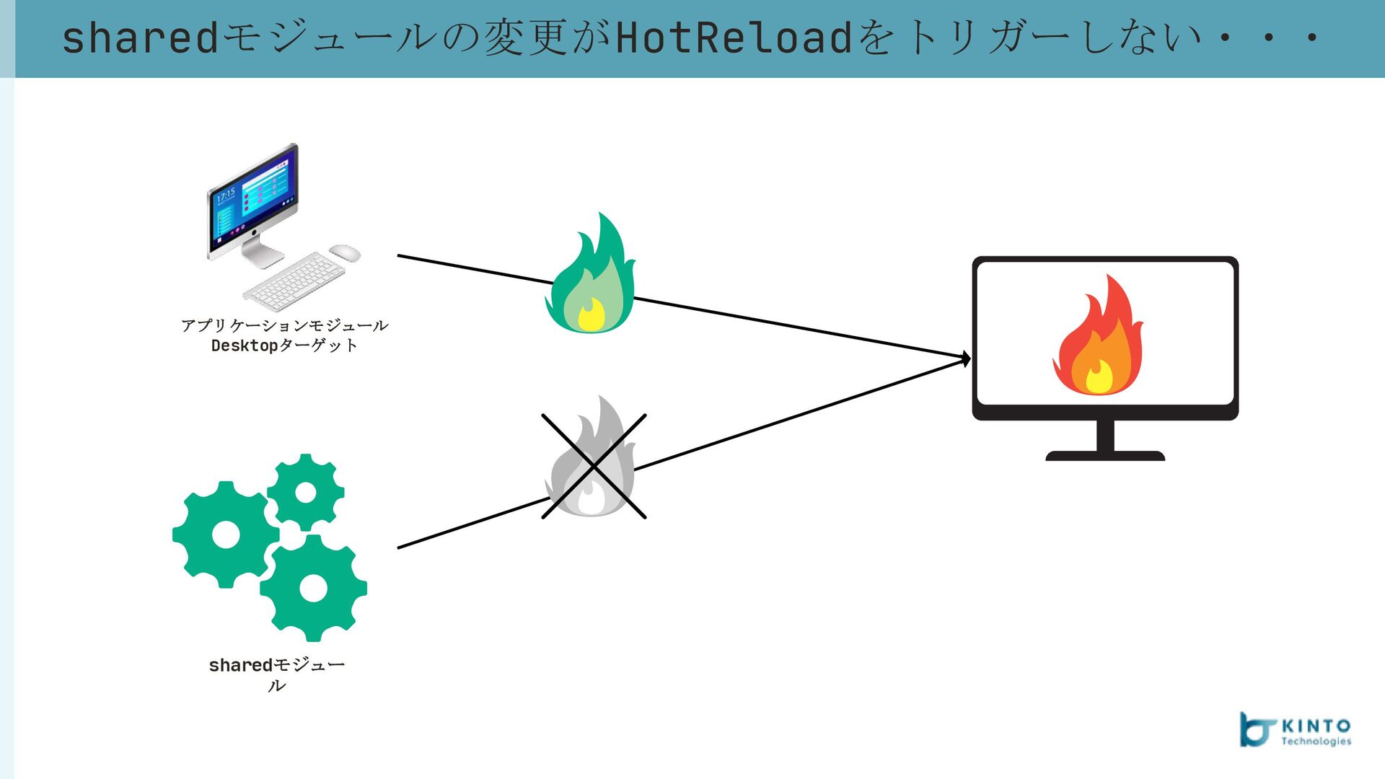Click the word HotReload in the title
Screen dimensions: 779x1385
click(734, 38)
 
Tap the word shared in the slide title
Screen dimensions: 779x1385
click(140, 38)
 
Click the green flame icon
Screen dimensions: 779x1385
click(591, 278)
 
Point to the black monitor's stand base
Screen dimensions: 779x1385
click(1105, 456)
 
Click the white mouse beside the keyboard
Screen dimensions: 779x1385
click(345, 252)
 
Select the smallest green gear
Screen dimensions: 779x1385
click(306, 492)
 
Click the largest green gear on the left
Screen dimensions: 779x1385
click(225, 534)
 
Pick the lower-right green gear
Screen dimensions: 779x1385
click(314, 588)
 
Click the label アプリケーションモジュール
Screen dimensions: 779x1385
click(284, 326)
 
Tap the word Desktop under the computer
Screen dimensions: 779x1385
click(245, 346)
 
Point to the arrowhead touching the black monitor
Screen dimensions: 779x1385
click(967, 358)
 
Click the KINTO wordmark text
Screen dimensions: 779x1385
click(1316, 726)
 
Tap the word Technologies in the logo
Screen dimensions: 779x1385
click(1316, 741)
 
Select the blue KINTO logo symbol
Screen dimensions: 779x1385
click(1256, 729)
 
